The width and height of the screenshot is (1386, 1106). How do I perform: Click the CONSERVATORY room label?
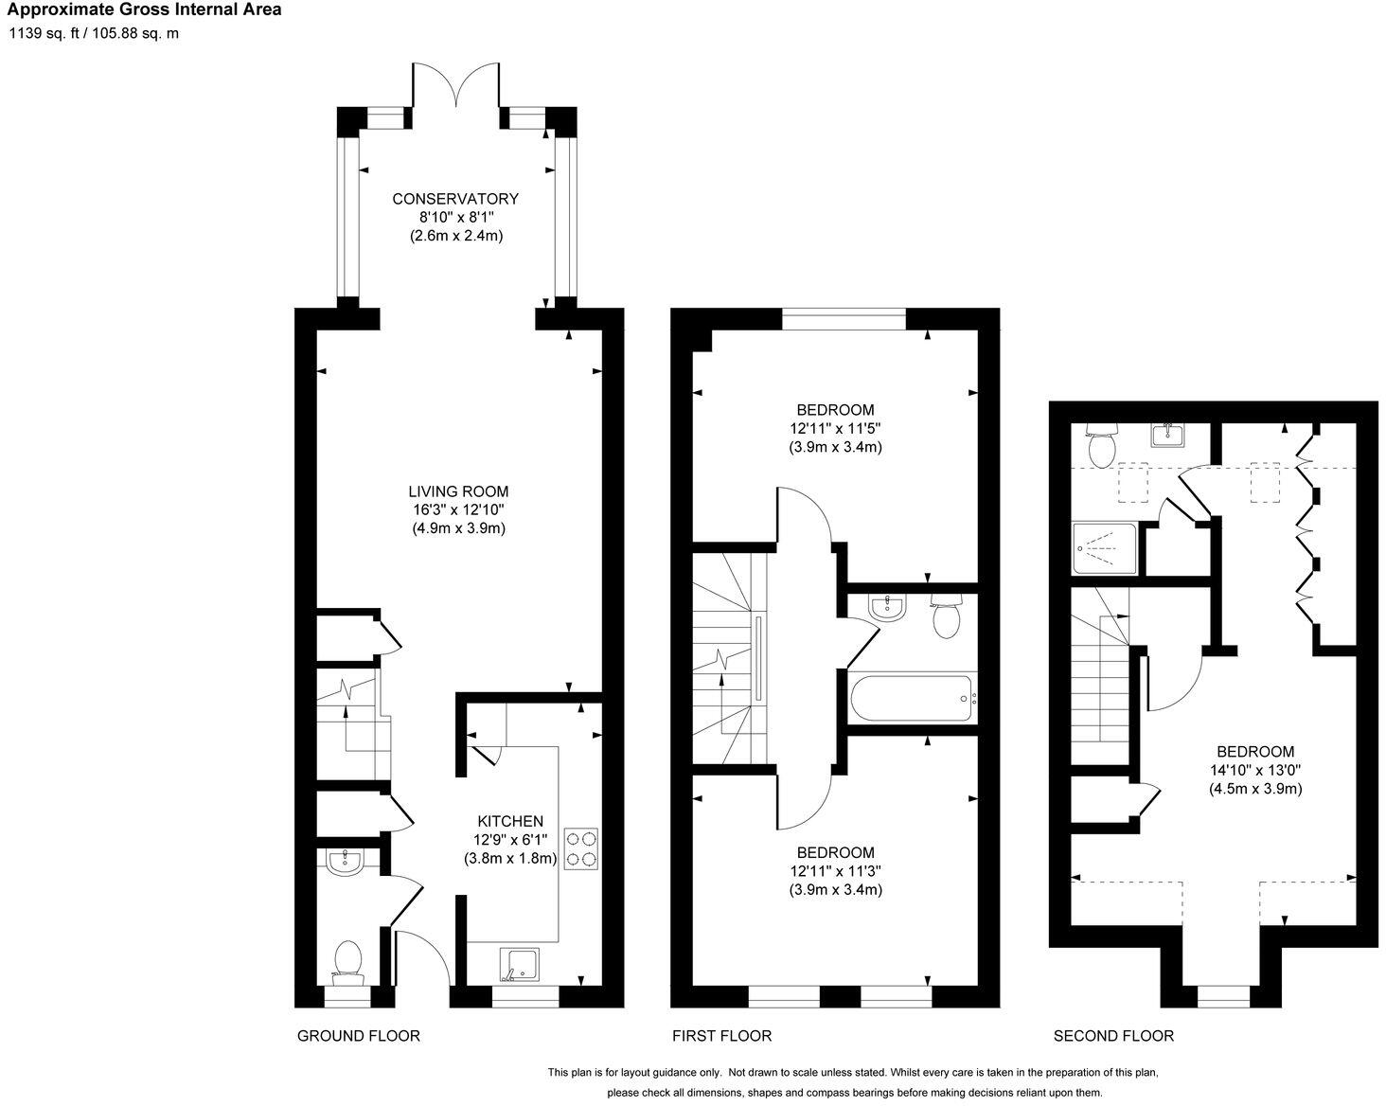[455, 199]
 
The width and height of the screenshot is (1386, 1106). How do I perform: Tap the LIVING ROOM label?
[458, 491]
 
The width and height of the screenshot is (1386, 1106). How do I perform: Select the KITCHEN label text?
[509, 821]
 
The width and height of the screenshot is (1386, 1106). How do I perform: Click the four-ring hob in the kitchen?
[581, 848]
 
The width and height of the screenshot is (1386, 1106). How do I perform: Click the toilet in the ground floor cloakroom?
[347, 961]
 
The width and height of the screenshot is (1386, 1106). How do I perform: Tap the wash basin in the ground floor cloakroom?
[344, 861]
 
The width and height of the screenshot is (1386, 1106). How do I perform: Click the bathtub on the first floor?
[912, 700]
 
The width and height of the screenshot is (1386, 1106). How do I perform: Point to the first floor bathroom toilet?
[947, 616]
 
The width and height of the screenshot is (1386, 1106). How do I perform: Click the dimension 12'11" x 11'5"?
[835, 428]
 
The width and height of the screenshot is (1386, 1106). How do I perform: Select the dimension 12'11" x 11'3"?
[835, 871]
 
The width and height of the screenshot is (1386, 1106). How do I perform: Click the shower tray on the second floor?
[1105, 548]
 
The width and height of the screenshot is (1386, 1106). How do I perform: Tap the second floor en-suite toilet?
[1102, 446]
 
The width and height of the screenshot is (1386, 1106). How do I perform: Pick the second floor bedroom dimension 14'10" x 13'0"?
[1255, 770]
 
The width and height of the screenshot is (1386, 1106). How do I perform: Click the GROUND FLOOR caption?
[359, 1036]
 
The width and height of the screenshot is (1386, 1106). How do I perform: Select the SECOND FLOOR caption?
[1113, 1036]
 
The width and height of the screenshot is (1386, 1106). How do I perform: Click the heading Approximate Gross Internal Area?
[145, 10]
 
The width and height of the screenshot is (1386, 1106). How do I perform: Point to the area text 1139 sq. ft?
[46, 34]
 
